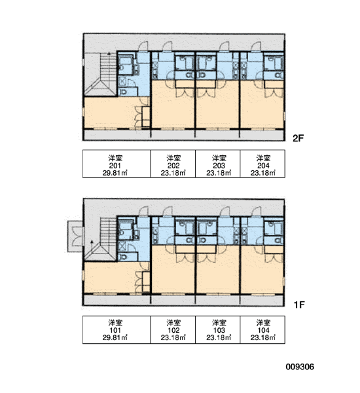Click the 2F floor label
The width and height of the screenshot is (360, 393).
tap(298, 138)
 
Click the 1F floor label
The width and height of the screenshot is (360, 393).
tap(299, 305)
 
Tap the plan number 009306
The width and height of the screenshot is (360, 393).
tap(300, 367)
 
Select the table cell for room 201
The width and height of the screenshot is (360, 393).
tap(117, 164)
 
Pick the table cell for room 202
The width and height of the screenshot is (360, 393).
tap(173, 164)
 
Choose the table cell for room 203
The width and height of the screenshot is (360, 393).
tap(218, 164)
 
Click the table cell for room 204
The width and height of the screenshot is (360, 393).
tap(262, 164)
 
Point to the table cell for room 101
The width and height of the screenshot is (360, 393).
tap(117, 329)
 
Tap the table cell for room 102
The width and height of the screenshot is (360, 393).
tap(173, 329)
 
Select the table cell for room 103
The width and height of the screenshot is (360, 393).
tap(218, 329)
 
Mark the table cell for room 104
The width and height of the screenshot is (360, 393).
tap(262, 329)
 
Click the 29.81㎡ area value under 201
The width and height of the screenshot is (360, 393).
tap(115, 173)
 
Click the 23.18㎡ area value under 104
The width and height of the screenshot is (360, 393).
tap(263, 337)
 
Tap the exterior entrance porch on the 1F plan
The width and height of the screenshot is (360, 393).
tap(75, 236)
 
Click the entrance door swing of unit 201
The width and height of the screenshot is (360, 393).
tap(143, 46)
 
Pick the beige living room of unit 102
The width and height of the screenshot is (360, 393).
tap(173, 273)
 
